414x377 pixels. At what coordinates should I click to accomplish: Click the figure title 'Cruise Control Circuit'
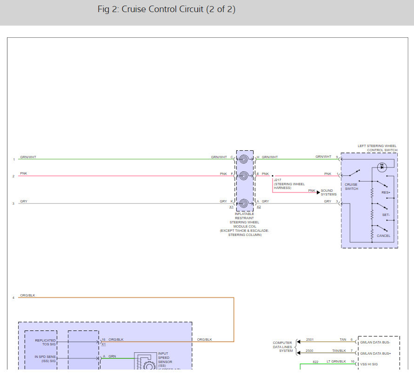[166, 10]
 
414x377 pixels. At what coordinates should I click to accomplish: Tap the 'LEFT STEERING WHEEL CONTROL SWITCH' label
[377, 148]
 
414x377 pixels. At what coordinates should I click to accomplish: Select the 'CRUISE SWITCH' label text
[351, 187]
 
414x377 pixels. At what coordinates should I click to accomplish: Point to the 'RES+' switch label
[385, 192]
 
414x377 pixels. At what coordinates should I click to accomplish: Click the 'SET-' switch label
[386, 215]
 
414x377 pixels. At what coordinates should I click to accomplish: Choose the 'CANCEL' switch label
[383, 236]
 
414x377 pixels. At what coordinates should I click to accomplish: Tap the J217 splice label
[278, 180]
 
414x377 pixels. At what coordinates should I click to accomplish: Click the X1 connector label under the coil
[231, 207]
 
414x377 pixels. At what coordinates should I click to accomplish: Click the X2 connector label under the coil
[259, 207]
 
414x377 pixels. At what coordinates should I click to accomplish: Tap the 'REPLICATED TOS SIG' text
[45, 342]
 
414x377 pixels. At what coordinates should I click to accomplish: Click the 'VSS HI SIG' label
[369, 364]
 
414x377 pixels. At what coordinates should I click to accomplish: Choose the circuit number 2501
[309, 340]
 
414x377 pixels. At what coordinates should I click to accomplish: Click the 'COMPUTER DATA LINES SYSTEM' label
[283, 347]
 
